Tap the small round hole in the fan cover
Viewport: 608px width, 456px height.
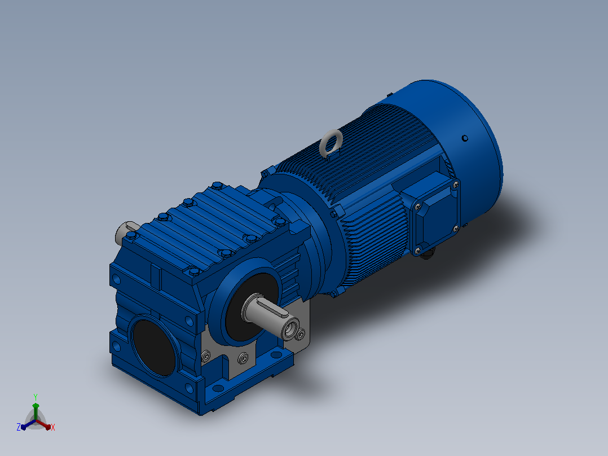coord(465,138)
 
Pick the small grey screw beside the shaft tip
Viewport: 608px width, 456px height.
coord(301,334)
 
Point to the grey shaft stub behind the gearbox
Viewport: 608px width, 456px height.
coord(125,231)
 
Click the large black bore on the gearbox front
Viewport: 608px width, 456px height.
coord(153,347)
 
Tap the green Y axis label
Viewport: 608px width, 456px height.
coord(36,397)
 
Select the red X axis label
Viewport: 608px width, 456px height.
coord(53,427)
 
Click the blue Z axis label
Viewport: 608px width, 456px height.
coord(18,427)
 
